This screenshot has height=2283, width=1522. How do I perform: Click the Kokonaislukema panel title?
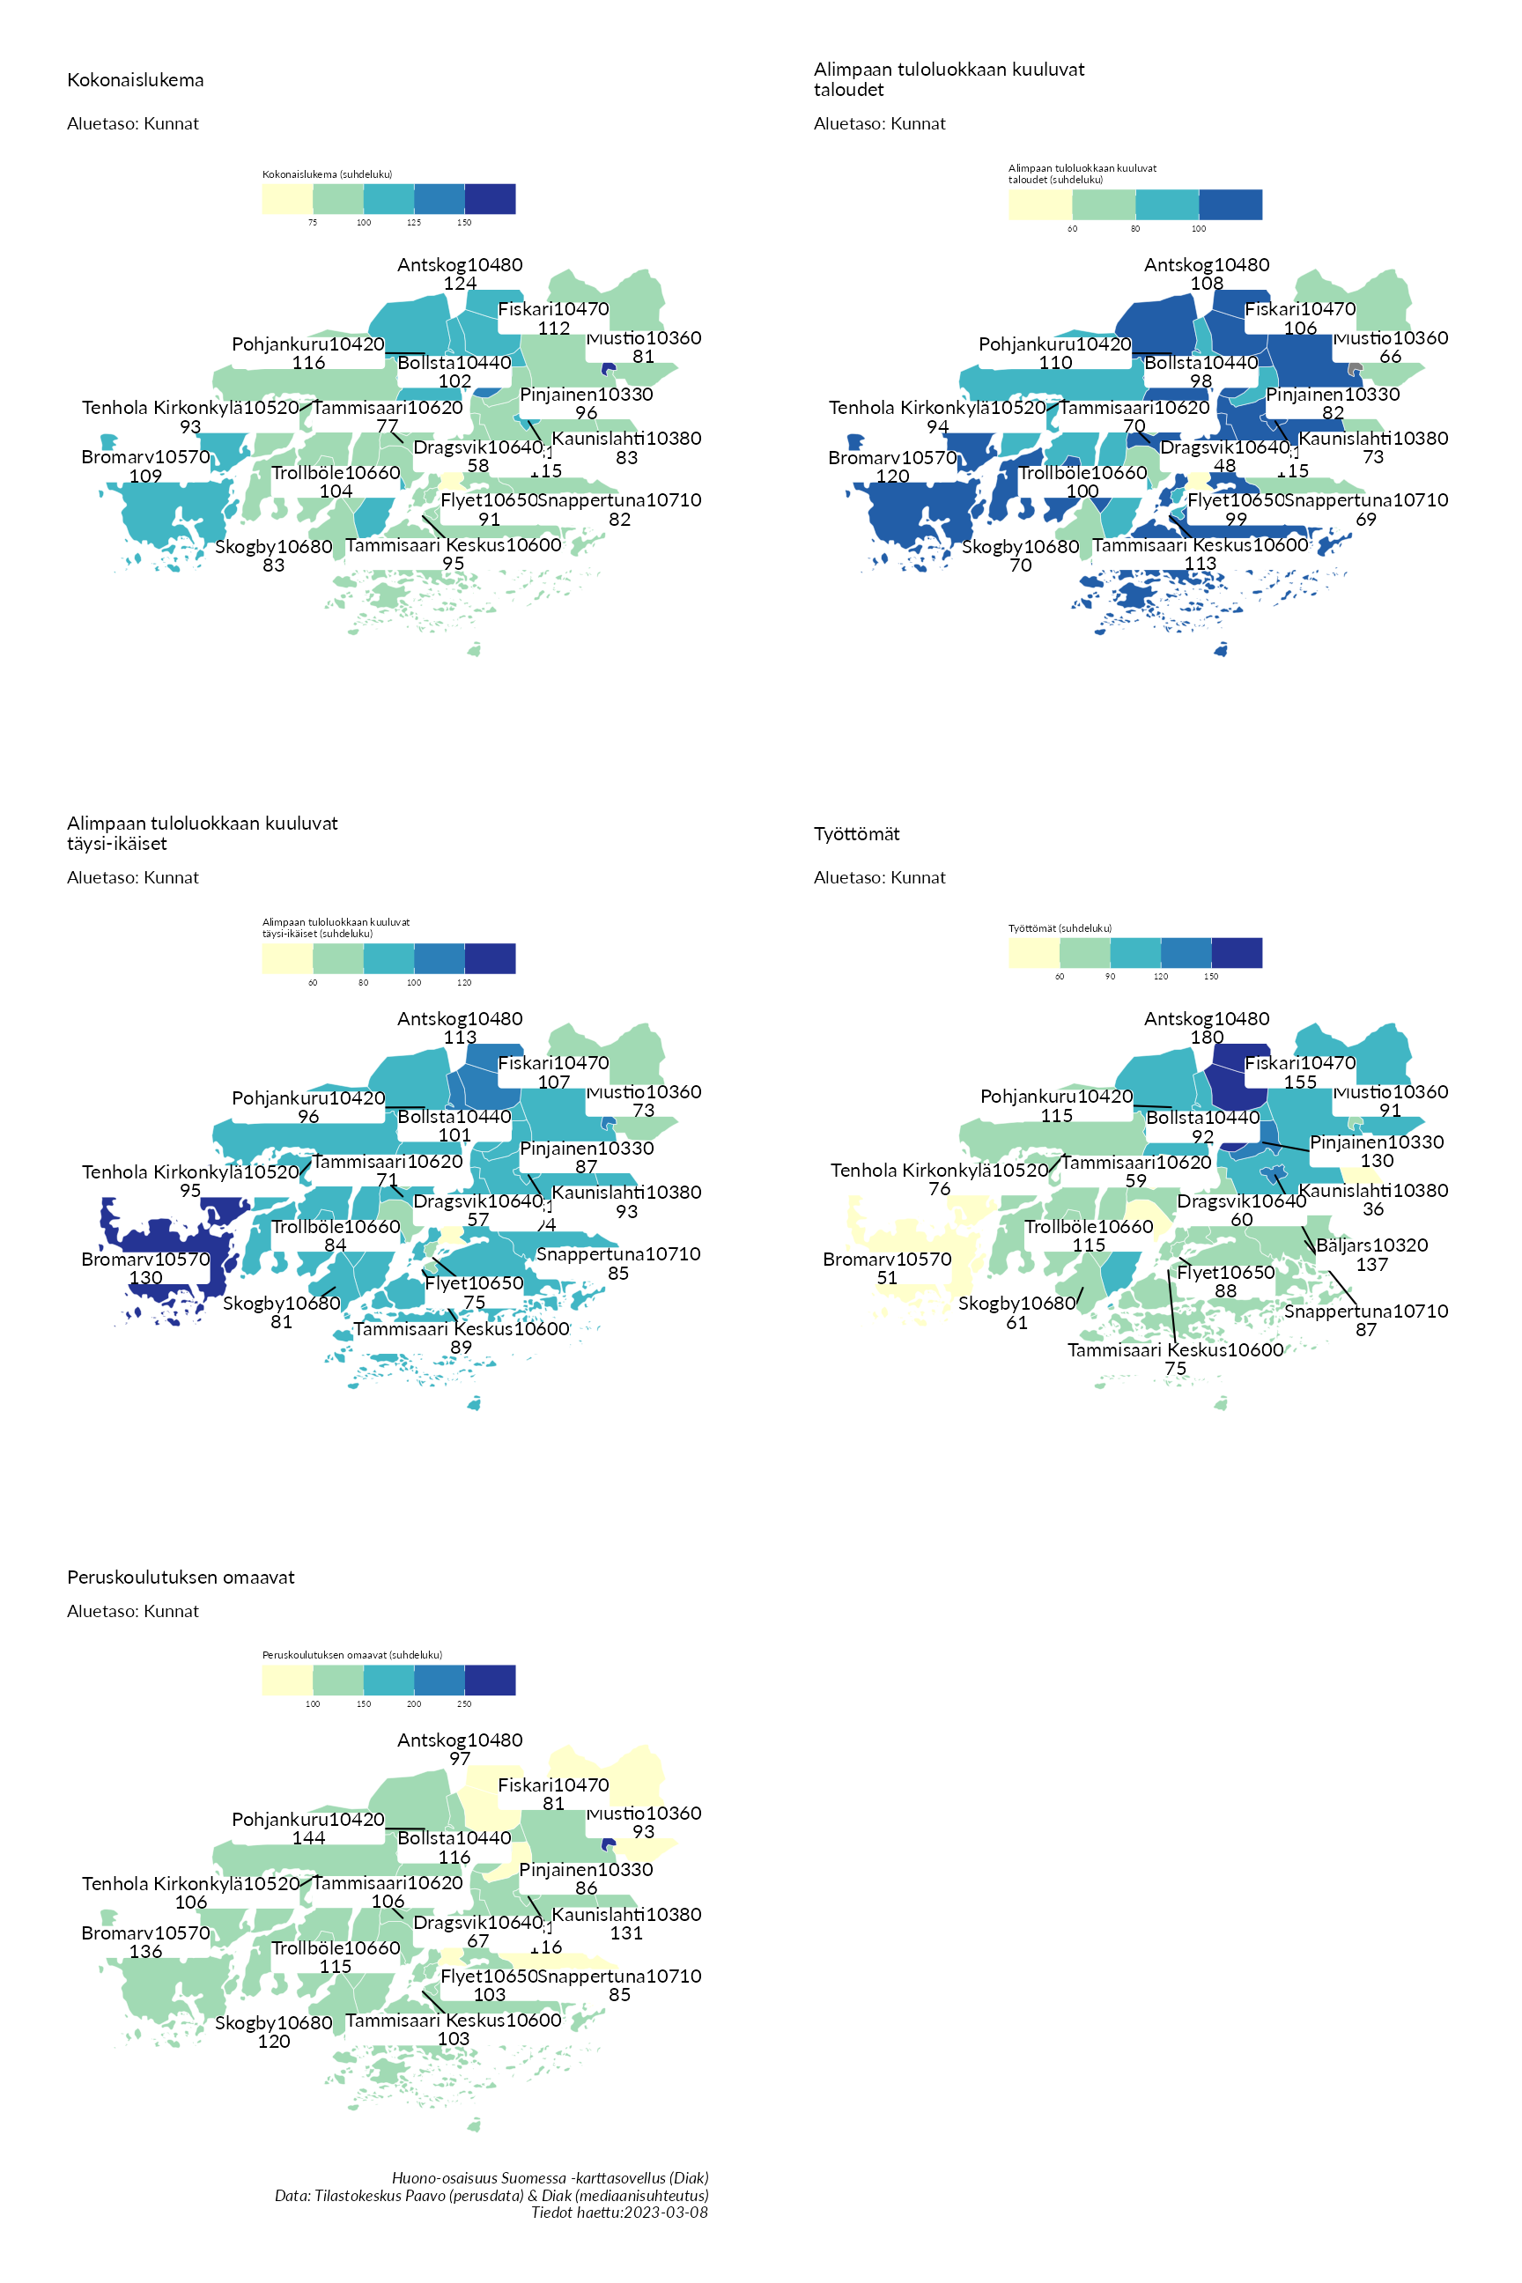135,80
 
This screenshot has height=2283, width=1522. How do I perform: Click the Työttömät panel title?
856,834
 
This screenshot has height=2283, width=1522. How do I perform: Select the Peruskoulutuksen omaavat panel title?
181,1577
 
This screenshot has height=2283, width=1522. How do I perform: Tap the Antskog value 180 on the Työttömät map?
1207,1038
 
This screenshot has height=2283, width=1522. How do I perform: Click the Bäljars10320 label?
1371,1245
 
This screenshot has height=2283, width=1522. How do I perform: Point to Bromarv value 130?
145,1277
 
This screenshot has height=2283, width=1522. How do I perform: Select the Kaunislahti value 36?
1372,1209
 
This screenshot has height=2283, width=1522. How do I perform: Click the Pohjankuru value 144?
308,1837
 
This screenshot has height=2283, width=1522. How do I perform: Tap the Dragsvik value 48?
1225,466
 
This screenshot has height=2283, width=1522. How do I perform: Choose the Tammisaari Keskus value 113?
1200,564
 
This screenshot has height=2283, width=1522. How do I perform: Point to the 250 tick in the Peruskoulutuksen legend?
464,1703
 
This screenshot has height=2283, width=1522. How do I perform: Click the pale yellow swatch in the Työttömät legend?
1033,953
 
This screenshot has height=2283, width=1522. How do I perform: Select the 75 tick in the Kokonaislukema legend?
313,222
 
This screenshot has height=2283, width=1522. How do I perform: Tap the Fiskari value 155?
1300,1082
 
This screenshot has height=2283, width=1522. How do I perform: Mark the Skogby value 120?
274,2042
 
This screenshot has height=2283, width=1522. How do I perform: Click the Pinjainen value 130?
1377,1161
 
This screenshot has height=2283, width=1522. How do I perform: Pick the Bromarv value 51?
887,1277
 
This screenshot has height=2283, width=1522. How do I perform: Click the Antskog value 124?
460,284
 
